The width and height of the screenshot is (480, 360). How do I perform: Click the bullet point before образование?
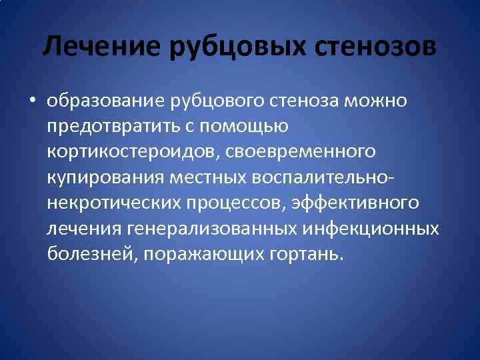tap(32, 101)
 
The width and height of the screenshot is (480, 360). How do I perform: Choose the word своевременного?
tap(307, 153)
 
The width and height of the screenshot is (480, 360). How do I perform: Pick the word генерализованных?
tap(213, 229)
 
